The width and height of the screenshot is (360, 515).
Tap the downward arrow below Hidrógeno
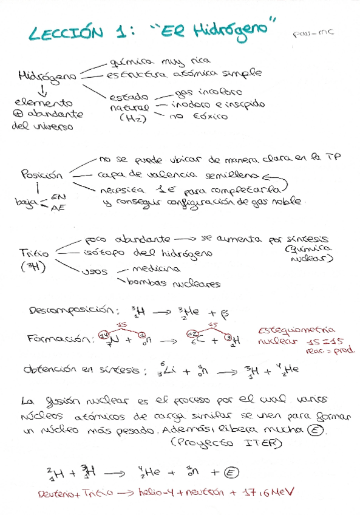click(42, 92)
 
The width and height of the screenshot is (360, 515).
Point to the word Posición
click(42, 174)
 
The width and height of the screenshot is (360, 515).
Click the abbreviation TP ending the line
click(333, 156)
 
